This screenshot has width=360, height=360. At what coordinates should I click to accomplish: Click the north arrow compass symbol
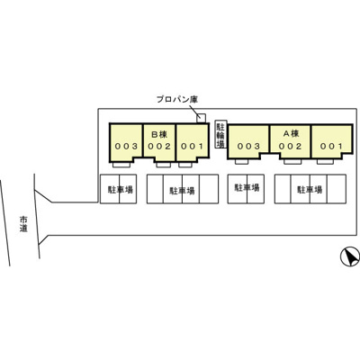[x=350, y=256]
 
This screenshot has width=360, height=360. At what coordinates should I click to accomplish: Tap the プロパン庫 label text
[x=177, y=99]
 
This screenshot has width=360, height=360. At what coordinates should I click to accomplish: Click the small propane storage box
[x=202, y=118]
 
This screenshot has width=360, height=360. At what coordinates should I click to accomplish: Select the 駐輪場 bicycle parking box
[x=220, y=134]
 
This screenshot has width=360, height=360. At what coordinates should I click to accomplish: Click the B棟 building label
[x=159, y=134]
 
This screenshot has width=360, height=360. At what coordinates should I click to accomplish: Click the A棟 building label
[x=291, y=133]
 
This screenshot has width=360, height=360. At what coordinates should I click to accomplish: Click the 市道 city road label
[x=23, y=223]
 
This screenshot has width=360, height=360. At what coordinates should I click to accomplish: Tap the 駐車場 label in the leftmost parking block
[x=121, y=190]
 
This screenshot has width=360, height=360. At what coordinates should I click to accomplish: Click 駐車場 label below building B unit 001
[x=182, y=191]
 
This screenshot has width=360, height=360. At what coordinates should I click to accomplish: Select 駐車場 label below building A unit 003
[x=247, y=188]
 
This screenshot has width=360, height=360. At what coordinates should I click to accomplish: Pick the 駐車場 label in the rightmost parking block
[x=310, y=190]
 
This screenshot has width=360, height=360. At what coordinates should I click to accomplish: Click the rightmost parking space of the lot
[x=337, y=189]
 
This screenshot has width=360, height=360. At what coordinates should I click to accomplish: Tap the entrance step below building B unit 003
[x=121, y=165]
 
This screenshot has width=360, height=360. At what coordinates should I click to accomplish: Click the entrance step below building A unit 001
[x=326, y=162]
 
